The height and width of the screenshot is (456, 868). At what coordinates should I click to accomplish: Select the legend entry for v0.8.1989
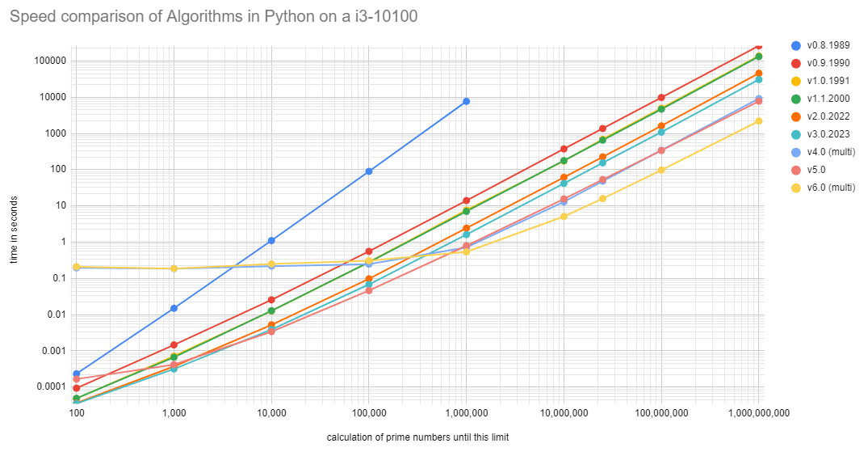(x=831, y=45)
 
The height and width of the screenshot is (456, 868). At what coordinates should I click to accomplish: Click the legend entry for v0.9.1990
(x=831, y=63)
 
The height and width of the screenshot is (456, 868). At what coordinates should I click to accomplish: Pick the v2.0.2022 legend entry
(x=831, y=116)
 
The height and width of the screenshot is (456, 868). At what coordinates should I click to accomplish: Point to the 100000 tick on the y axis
(x=48, y=61)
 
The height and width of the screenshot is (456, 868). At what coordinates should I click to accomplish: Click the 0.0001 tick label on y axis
(x=48, y=386)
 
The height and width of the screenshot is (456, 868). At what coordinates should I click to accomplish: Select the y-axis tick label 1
(x=61, y=242)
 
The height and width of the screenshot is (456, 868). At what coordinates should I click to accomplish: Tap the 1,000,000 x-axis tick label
(x=466, y=413)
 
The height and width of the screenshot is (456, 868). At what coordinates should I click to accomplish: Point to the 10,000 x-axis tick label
(x=271, y=413)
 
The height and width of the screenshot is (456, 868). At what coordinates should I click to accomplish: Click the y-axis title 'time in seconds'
(x=14, y=229)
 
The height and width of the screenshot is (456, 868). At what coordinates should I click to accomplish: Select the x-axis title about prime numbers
(x=417, y=437)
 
